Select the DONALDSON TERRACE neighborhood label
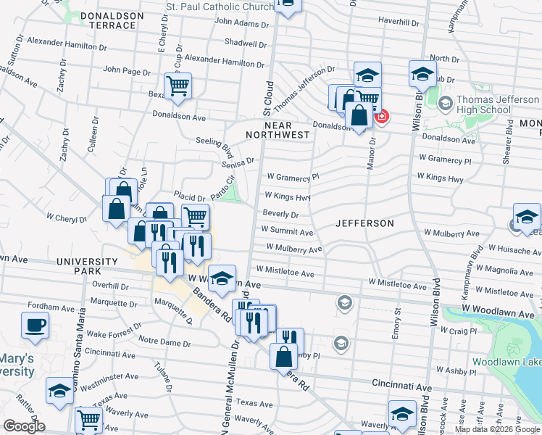tap(108, 20)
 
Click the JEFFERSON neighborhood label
tap(364, 223)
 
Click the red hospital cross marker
tap(380, 116)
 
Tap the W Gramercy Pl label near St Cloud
tap(293, 176)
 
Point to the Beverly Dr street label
tap(280, 215)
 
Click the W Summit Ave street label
tap(286, 232)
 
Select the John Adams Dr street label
tap(241, 23)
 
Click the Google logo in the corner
tap(24, 426)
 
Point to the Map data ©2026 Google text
tap(496, 429)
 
